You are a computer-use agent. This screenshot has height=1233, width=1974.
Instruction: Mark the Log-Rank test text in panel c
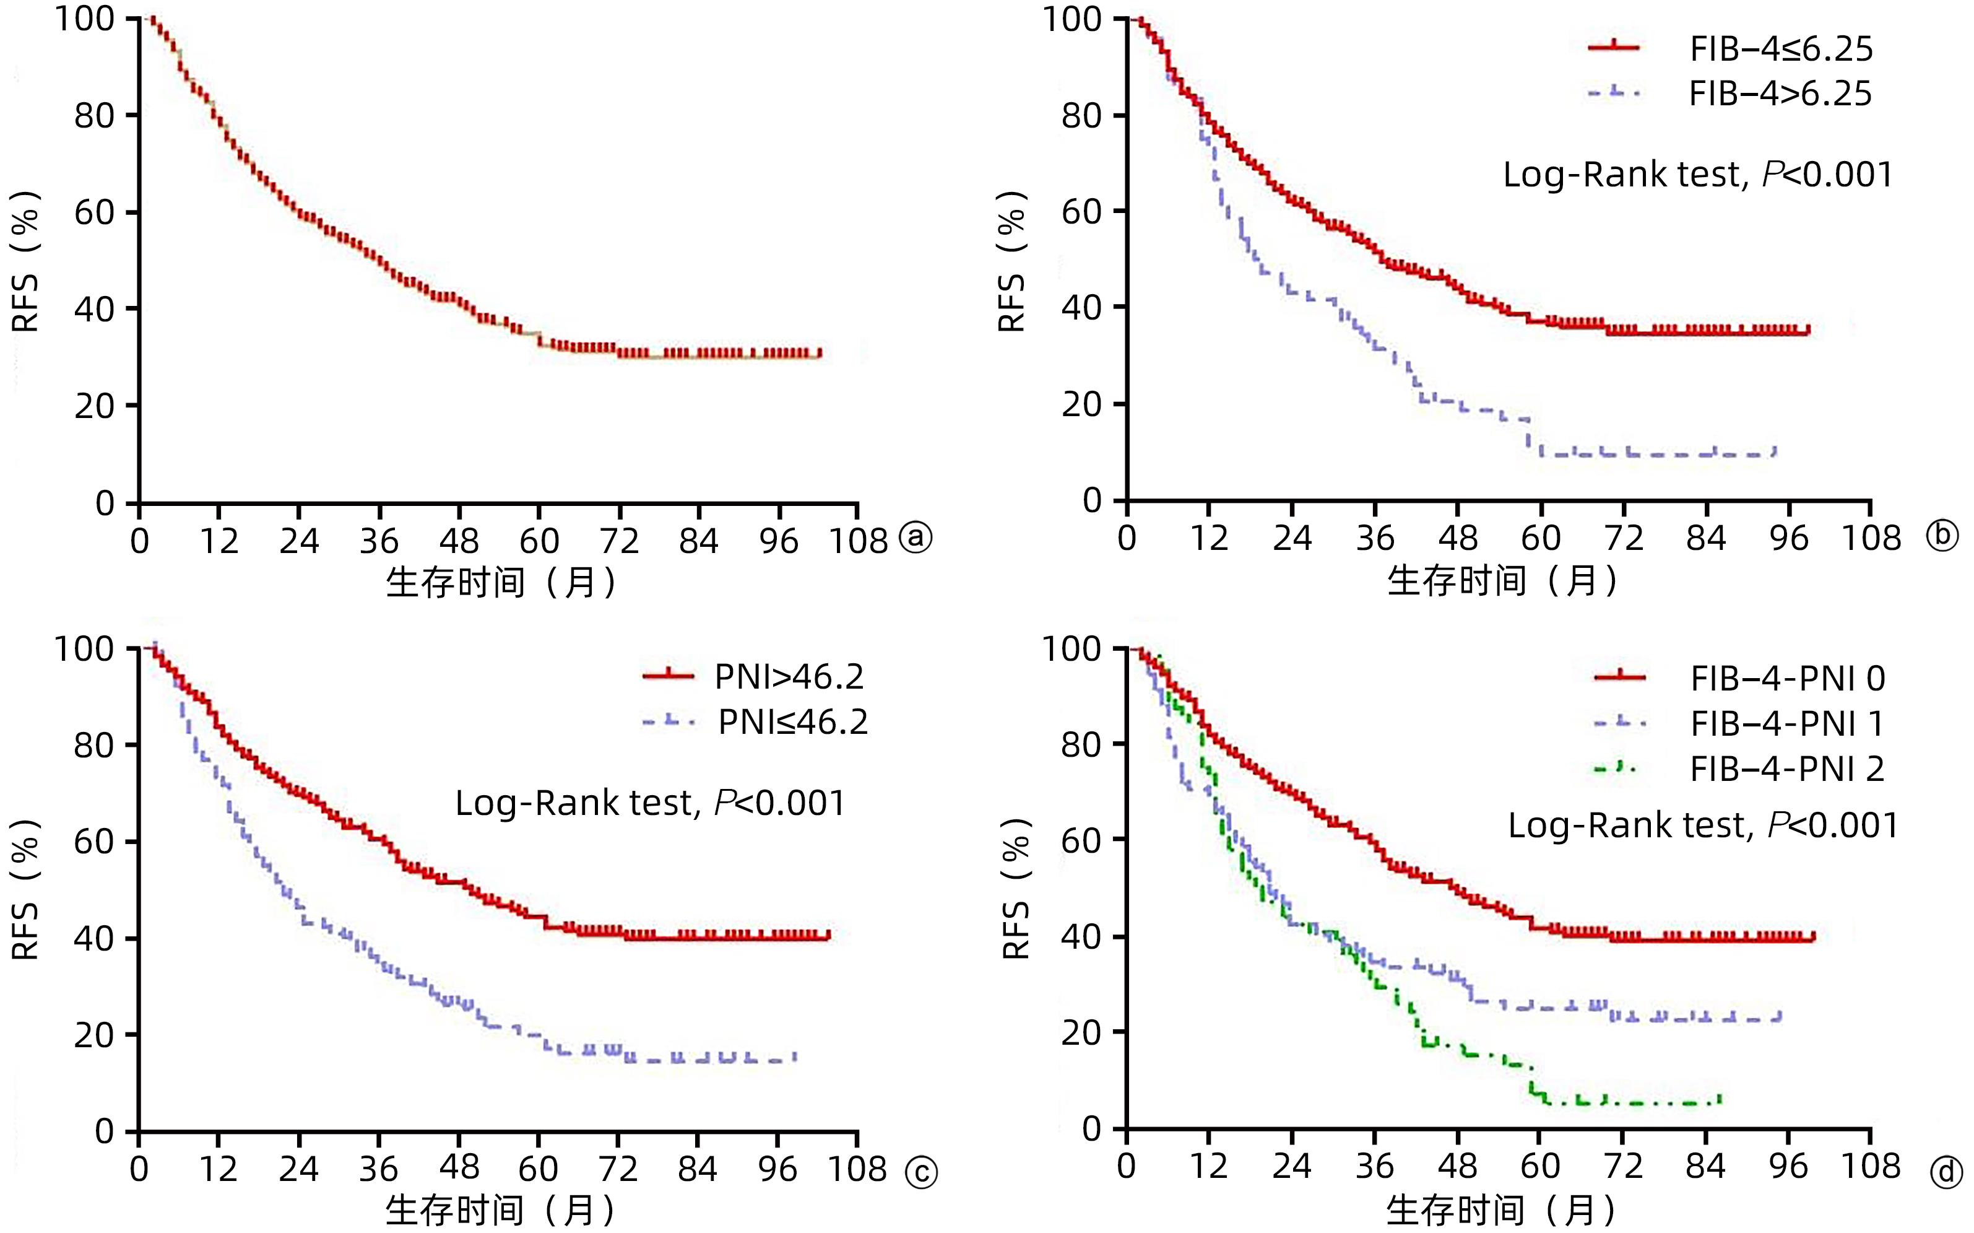(649, 803)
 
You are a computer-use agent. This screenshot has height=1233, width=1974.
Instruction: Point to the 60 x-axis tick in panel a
(539, 541)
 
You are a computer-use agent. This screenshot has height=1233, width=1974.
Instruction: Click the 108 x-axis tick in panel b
(1871, 538)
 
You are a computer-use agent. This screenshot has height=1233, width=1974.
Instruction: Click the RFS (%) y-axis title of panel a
(26, 261)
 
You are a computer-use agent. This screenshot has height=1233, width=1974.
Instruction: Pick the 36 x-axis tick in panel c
(379, 1169)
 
